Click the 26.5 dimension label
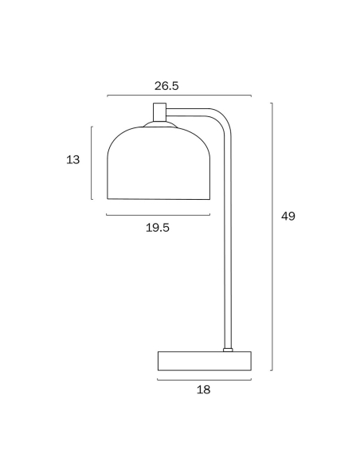(x=166, y=86)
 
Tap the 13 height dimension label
(x=73, y=160)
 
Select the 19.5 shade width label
(x=158, y=228)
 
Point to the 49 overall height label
(x=288, y=217)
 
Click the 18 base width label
(x=204, y=389)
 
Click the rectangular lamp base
(x=205, y=361)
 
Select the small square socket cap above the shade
(x=159, y=111)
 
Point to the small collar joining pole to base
(x=228, y=350)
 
